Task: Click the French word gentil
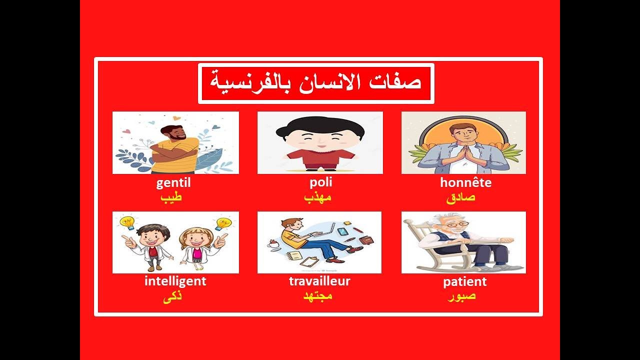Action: coord(173,183)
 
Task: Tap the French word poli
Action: coord(320,182)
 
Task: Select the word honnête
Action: coord(465,183)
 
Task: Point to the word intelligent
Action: coord(175,281)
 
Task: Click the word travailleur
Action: coord(319,281)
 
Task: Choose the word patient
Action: coord(464,282)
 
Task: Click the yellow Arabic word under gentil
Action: coord(171,197)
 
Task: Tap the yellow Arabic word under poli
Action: coord(318,197)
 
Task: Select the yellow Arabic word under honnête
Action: coord(460,197)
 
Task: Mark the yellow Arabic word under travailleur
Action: coord(318,296)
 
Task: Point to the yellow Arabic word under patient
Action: coord(461,296)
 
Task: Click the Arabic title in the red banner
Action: coord(316,83)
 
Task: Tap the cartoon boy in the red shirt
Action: coord(320,142)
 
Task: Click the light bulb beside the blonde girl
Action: coord(222,223)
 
